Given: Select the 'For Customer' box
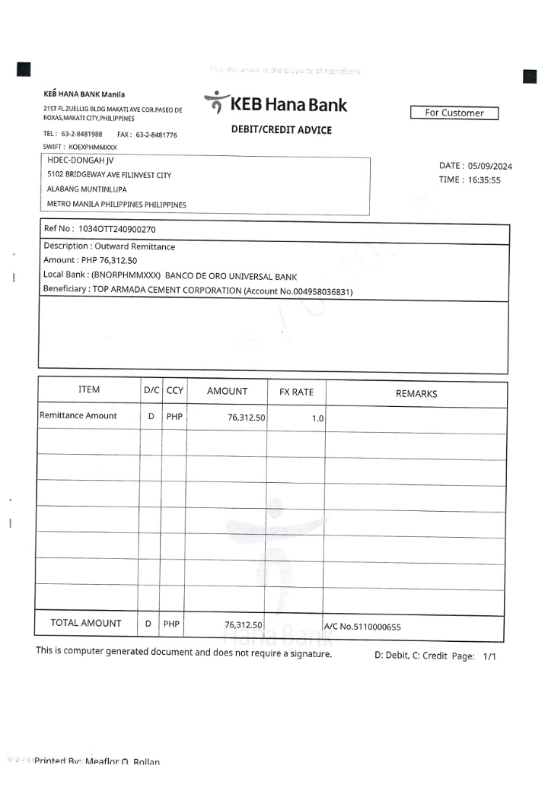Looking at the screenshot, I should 454,113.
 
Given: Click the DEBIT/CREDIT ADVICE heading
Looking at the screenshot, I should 281,130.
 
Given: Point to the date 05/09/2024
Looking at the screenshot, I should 490,166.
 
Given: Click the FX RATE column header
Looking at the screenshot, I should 296,392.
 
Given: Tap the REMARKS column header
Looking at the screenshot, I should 416,394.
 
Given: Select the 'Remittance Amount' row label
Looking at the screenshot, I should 78,416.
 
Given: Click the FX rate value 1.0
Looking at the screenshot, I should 317,418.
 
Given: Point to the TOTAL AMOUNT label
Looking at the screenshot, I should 86,623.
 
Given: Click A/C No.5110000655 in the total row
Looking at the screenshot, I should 363,627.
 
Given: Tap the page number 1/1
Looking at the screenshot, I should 489,656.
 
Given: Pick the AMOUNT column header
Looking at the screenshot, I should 227,392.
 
